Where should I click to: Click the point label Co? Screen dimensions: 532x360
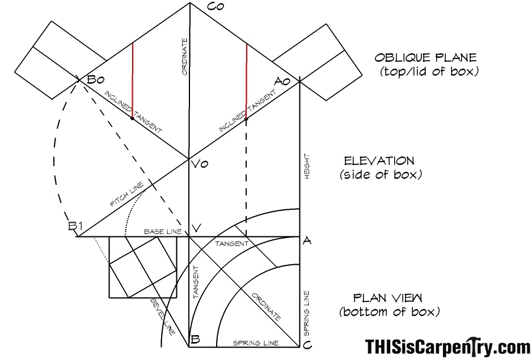point(215,6)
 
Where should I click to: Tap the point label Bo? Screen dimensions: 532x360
point(96,80)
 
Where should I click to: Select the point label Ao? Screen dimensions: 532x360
point(282,82)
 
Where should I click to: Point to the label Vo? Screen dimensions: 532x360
point(200,164)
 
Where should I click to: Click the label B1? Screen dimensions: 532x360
point(75,226)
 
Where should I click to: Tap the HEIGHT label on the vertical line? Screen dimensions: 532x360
point(307,167)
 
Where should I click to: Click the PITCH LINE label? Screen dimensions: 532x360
point(127,194)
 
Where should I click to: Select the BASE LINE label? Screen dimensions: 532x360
point(163,232)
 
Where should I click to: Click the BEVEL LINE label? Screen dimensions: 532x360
point(163,316)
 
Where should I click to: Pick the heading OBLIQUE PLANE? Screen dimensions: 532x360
point(425,57)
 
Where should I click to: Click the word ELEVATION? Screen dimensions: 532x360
point(379,161)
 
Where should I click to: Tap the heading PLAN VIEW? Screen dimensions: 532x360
point(388,298)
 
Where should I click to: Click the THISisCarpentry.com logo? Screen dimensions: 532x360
point(447,346)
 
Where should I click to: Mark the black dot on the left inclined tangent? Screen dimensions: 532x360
point(132,118)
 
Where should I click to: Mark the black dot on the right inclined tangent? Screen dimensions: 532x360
point(246,118)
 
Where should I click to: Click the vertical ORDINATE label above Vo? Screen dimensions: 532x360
point(184,57)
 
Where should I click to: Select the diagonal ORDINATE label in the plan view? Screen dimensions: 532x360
point(267,307)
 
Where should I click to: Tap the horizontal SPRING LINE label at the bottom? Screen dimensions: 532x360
point(256,343)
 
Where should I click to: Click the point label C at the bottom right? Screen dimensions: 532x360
point(307,345)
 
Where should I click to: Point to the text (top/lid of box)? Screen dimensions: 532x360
point(429,71)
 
